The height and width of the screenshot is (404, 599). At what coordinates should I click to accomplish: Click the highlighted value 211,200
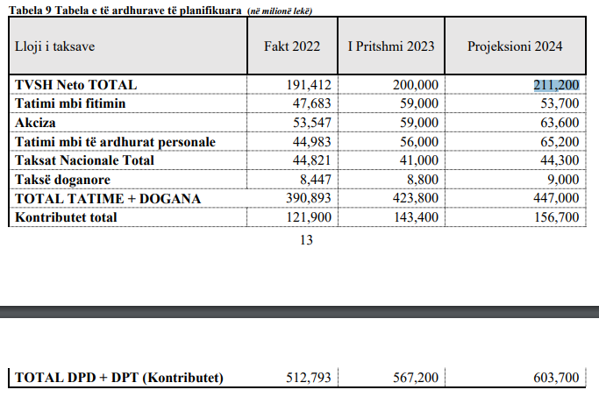pyautogui.click(x=556, y=85)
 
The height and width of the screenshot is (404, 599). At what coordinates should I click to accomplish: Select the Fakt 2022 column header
pyautogui.click(x=292, y=46)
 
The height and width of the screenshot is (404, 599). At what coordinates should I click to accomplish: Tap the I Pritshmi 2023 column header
pyautogui.click(x=391, y=46)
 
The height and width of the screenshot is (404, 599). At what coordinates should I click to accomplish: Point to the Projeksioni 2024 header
pyautogui.click(x=515, y=46)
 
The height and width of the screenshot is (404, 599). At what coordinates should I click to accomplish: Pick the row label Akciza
pyautogui.click(x=35, y=123)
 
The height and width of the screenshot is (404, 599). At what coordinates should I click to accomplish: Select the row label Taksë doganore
pyautogui.click(x=62, y=180)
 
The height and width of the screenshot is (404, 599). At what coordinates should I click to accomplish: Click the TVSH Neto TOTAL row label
pyautogui.click(x=75, y=85)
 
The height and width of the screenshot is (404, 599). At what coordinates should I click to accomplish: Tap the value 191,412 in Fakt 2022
pyautogui.click(x=309, y=85)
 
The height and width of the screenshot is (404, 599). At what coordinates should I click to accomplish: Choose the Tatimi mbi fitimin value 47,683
pyautogui.click(x=311, y=103)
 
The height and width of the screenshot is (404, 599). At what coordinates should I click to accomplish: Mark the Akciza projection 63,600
pyautogui.click(x=560, y=123)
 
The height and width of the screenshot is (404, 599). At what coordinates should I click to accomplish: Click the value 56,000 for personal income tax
pyautogui.click(x=419, y=142)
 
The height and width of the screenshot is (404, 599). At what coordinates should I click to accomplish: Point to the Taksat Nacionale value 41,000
pyautogui.click(x=419, y=160)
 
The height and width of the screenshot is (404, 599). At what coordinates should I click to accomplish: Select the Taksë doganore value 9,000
pyautogui.click(x=563, y=180)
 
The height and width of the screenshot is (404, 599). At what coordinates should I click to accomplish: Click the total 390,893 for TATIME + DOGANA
pyautogui.click(x=309, y=198)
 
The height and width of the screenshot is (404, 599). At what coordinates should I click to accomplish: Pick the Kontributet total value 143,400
pyautogui.click(x=416, y=216)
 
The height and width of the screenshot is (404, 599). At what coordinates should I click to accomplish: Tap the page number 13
pyautogui.click(x=306, y=240)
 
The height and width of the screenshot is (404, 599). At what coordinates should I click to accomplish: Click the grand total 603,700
pyautogui.click(x=556, y=378)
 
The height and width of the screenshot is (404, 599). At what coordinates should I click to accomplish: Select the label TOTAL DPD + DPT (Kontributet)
pyautogui.click(x=119, y=378)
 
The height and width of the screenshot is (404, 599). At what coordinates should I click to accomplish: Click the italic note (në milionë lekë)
pyautogui.click(x=280, y=11)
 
